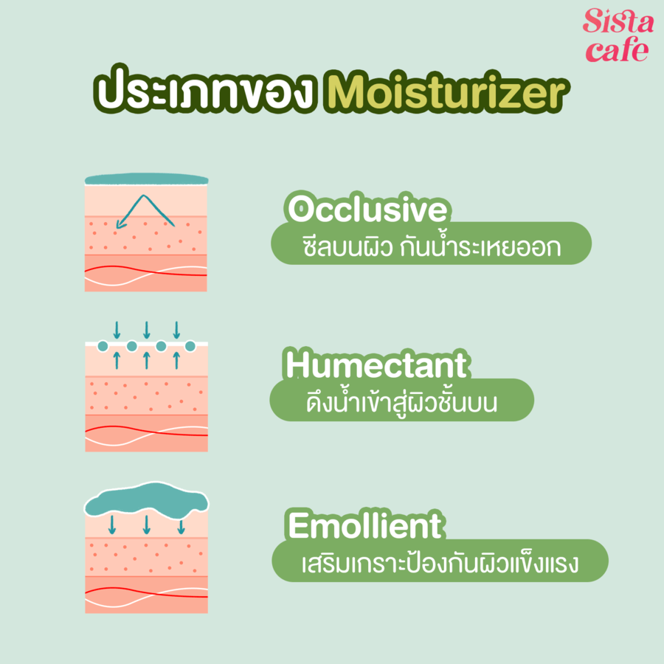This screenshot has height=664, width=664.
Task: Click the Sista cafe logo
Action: pos(618,35)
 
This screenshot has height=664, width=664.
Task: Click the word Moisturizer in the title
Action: pos(446,92)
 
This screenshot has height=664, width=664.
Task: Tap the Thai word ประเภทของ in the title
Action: pos(205,90)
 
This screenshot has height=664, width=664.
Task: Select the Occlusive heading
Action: pos(367,208)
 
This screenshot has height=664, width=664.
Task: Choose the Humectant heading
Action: pos(376,364)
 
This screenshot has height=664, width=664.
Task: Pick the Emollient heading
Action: pos(364,525)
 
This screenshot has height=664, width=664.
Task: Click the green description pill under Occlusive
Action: pos(431,243)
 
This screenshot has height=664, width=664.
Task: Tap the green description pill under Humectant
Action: pos(401,400)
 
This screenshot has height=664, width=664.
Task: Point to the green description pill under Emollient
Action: pos(440,561)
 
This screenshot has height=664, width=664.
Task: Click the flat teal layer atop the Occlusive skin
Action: pos(147,179)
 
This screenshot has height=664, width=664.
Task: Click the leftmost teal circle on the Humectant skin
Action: pos(103,347)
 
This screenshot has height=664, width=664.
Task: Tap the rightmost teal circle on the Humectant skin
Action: pos(190,347)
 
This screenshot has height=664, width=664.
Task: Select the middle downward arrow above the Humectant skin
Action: pos(147,331)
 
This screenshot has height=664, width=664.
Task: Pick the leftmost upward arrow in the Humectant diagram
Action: pos(117,361)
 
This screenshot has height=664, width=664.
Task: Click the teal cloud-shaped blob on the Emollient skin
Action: pos(147,501)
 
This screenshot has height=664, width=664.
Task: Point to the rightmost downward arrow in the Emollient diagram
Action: pos(181,525)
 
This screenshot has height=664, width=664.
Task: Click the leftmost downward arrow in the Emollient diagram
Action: pos(112,525)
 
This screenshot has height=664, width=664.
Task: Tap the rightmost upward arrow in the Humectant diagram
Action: pos(176,361)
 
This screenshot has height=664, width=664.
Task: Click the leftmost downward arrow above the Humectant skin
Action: pos(117,331)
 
